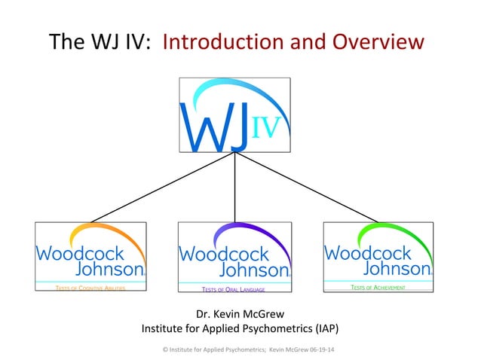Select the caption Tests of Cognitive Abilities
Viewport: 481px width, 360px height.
coord(90,288)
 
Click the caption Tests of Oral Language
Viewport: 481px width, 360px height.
coord(233,288)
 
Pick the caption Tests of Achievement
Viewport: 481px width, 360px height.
coord(378,287)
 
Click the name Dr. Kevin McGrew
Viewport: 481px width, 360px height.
coord(240,314)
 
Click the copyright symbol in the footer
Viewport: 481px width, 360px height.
coord(166,350)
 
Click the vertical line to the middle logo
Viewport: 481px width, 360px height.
coord(234,188)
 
